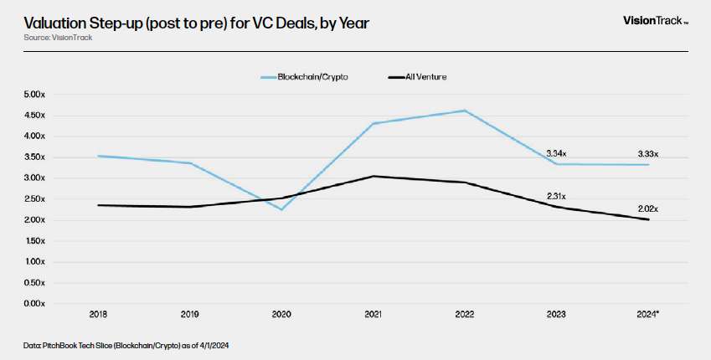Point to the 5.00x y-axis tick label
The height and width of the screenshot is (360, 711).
point(36,95)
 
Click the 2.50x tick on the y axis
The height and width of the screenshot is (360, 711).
point(36,198)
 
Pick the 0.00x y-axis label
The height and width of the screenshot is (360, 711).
point(36,303)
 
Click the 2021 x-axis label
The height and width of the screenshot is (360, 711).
point(374,315)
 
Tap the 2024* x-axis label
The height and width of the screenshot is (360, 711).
point(647,315)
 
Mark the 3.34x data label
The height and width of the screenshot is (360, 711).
point(556,153)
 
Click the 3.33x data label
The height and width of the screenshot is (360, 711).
point(647,153)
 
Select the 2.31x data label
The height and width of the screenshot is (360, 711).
point(556,195)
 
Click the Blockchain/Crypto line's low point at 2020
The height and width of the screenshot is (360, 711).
point(282,209)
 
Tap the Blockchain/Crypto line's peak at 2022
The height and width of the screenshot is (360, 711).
point(465,111)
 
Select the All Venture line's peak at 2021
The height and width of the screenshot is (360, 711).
point(374,176)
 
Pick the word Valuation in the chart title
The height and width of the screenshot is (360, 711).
point(58,23)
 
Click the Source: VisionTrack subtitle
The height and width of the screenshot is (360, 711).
point(59,38)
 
